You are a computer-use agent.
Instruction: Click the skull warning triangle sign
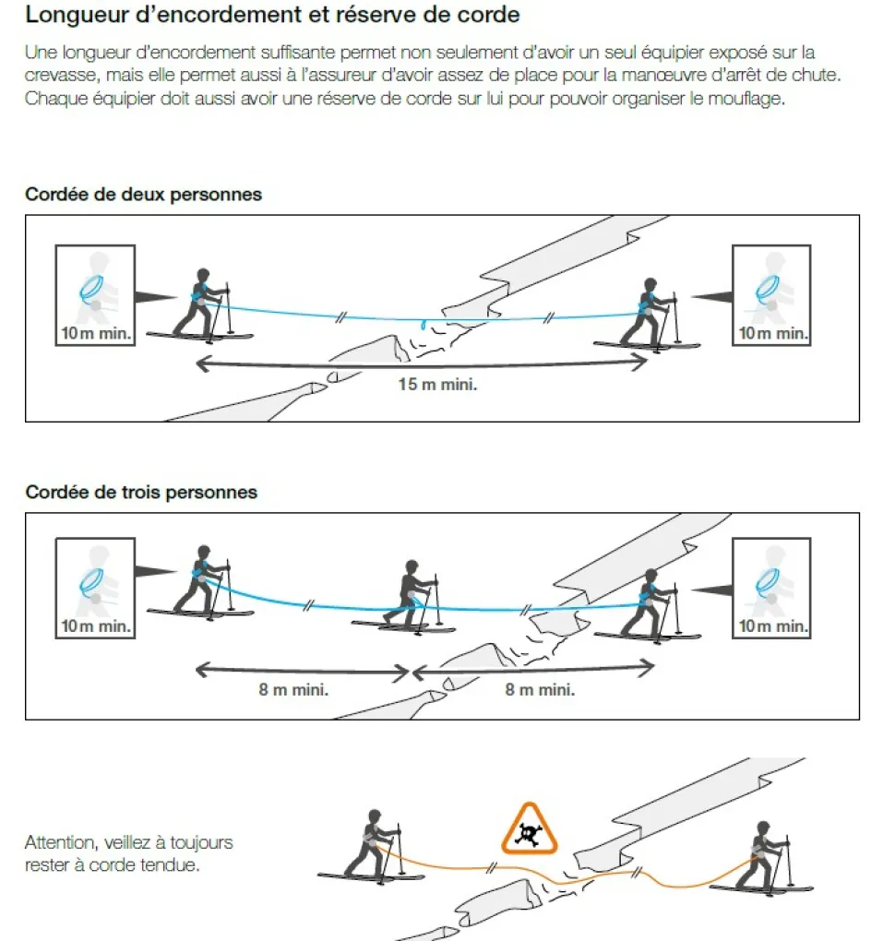pyautogui.click(x=530, y=829)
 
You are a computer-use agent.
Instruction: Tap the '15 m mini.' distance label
pyautogui.click(x=437, y=384)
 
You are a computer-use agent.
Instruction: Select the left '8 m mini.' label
pyautogui.click(x=293, y=689)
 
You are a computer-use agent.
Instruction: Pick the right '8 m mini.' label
pyautogui.click(x=540, y=689)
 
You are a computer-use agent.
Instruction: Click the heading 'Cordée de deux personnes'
pyautogui.click(x=143, y=195)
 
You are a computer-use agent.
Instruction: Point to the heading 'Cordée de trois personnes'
pyautogui.click(x=141, y=492)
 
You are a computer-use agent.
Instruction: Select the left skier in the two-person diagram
pyautogui.click(x=201, y=306)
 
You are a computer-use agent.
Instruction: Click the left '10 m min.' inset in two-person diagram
pyautogui.click(x=95, y=295)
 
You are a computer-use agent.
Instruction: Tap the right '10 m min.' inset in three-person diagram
pyautogui.click(x=771, y=589)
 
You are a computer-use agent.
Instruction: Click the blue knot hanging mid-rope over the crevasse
pyautogui.click(x=424, y=325)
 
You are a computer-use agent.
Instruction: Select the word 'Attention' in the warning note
pyautogui.click(x=59, y=842)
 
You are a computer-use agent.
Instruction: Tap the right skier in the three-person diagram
pyautogui.click(x=649, y=606)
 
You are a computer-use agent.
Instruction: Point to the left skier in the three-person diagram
pyautogui.click(x=201, y=582)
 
